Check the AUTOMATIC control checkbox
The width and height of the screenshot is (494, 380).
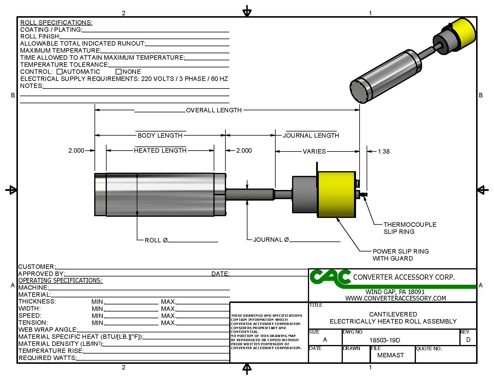click(60, 71)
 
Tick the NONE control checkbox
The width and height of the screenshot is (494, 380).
click(119, 71)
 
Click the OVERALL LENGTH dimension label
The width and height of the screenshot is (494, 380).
click(214, 110)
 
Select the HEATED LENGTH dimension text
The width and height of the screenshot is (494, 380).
click(160, 151)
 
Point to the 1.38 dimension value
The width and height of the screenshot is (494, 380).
click(384, 151)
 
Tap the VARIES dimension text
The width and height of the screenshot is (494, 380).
click(314, 151)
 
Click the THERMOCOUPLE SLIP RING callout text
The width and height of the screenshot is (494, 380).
click(410, 228)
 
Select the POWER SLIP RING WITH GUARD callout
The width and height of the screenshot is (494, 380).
click(401, 255)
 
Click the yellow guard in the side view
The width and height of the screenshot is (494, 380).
click(336, 194)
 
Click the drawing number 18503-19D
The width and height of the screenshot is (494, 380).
click(385, 340)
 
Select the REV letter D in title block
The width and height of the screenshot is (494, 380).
click(468, 340)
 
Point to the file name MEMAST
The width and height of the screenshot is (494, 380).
click(390, 355)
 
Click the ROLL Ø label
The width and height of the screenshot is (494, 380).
click(156, 240)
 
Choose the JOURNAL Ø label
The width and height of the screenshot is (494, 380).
click(271, 240)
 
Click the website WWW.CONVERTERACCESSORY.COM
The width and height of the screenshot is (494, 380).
click(395, 298)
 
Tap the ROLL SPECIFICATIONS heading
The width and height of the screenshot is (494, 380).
click(56, 23)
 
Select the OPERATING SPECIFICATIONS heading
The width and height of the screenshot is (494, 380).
click(60, 281)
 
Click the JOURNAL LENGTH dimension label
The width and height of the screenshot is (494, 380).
click(311, 136)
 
